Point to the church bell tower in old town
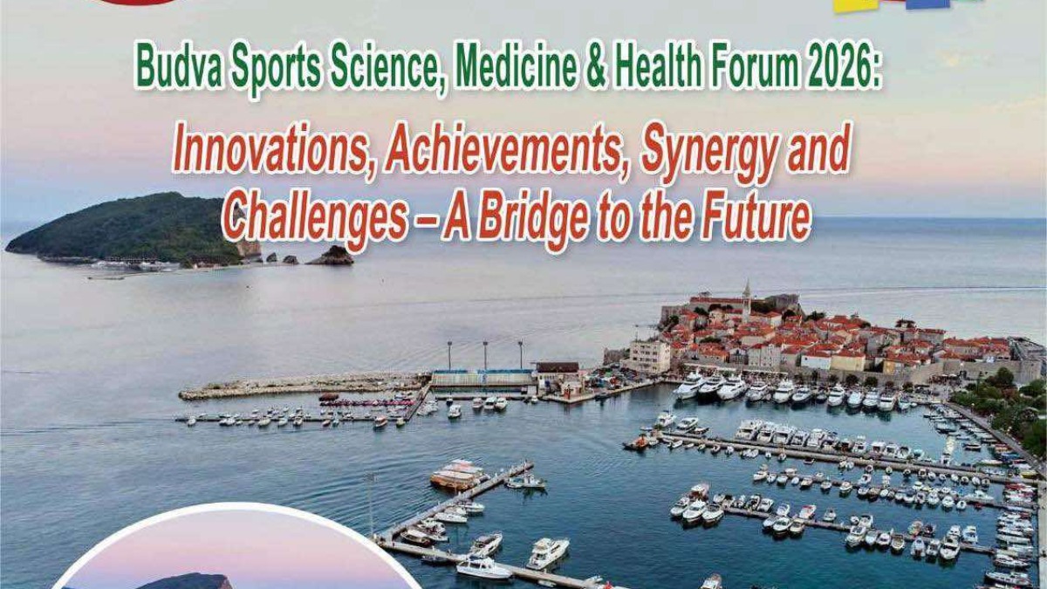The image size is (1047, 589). pos(746,300)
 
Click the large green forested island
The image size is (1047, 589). pos(127,229)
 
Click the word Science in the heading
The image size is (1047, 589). pos(387,68)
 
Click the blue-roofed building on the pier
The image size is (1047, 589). pos(482,378)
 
